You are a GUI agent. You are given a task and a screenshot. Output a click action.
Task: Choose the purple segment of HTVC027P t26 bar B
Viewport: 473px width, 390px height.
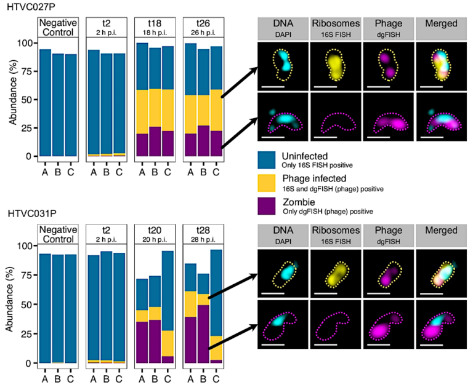[x=203, y=141]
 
